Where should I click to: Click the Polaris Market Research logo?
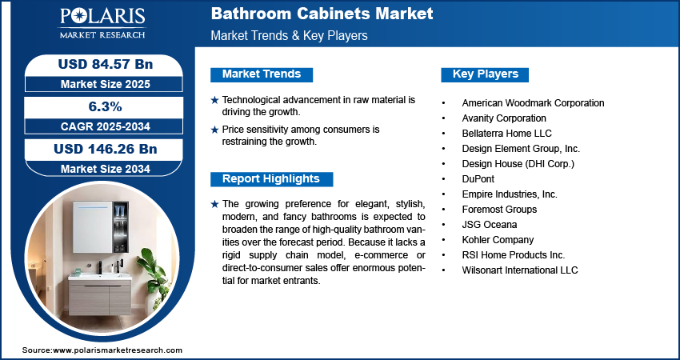[102, 23]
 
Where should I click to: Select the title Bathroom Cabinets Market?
[322, 14]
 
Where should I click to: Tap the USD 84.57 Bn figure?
[106, 64]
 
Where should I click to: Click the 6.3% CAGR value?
[106, 106]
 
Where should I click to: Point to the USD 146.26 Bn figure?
[106, 149]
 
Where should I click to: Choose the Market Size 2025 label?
[106, 84]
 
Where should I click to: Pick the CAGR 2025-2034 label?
[106, 126]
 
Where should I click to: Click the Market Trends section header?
[262, 74]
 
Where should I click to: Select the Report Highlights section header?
[271, 178]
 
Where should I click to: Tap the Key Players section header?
[486, 74]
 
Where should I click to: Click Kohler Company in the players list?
[498, 240]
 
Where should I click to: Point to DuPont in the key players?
[478, 179]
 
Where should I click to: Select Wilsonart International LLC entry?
[520, 270]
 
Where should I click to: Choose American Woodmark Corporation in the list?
[533, 103]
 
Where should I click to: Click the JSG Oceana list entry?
[489, 225]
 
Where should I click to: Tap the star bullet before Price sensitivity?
[214, 130]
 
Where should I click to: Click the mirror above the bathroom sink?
[92, 227]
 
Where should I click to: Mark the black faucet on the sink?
[100, 267]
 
